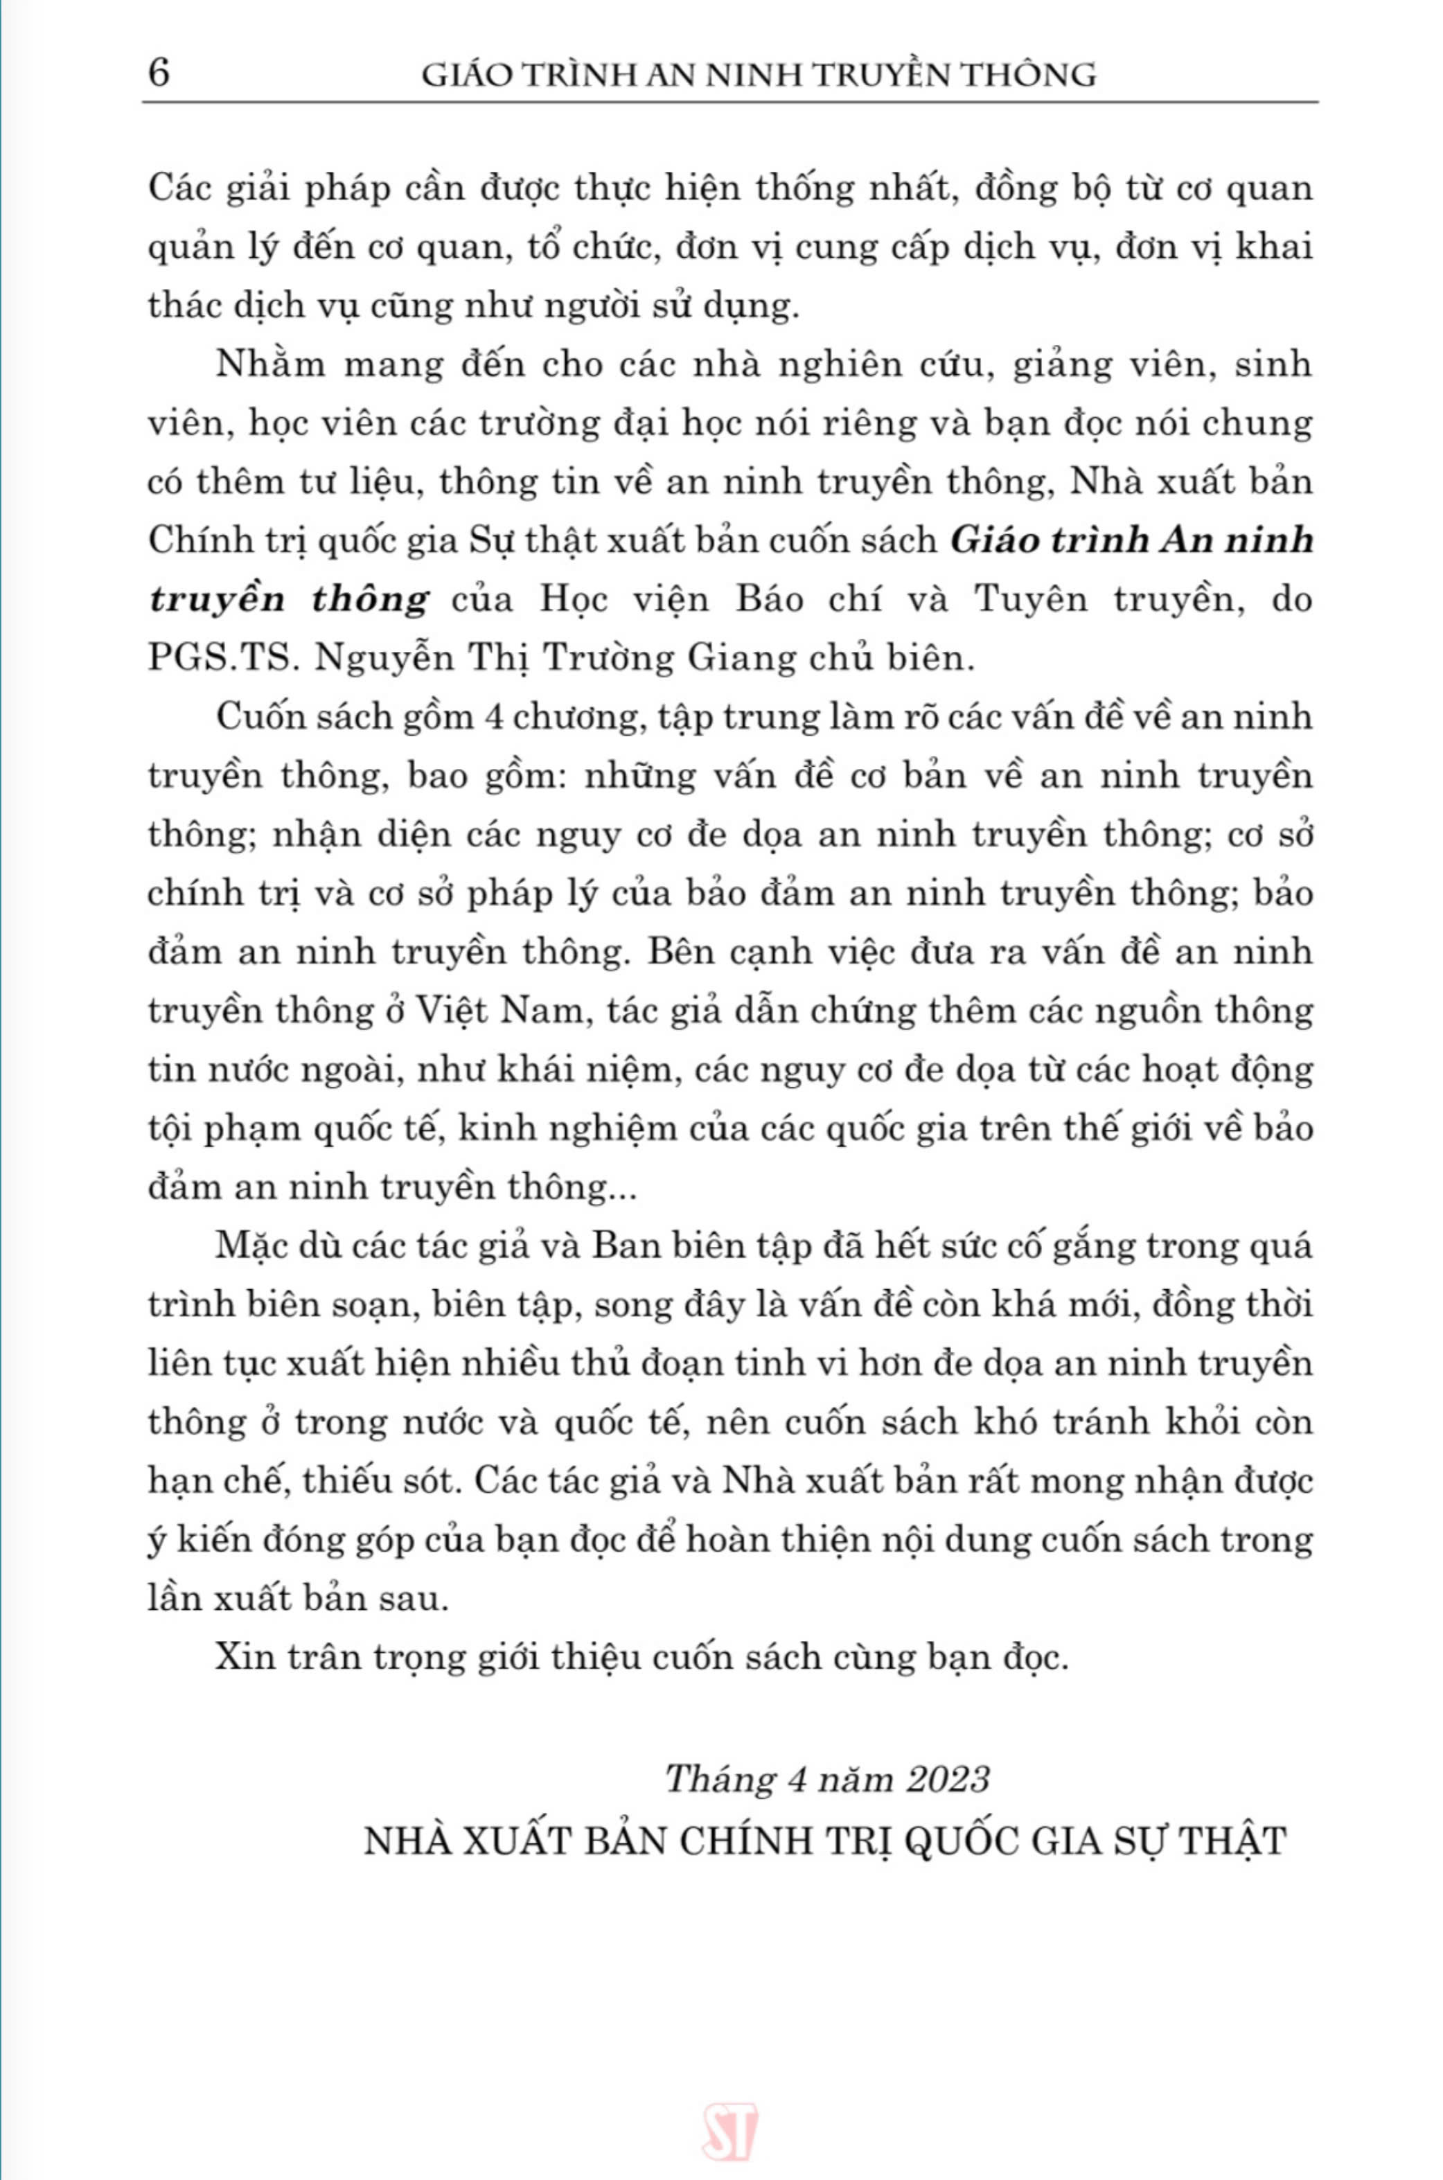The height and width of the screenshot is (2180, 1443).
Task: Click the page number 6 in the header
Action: [x=158, y=73]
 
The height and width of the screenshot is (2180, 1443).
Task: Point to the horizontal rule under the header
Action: [x=729, y=102]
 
